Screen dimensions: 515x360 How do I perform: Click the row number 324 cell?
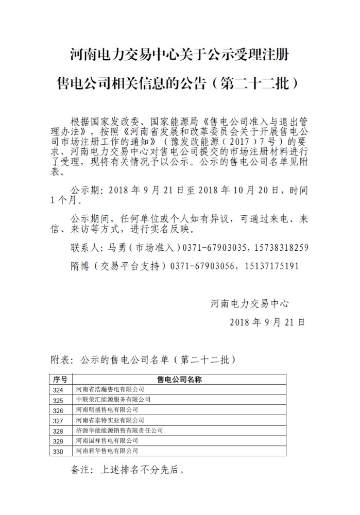point(58,390)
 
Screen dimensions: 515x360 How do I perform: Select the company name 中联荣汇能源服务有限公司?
point(113,400)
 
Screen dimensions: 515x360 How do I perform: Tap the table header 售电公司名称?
point(179,380)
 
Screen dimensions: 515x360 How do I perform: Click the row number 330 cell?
point(58,452)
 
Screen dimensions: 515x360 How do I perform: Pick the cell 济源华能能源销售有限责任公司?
point(119,431)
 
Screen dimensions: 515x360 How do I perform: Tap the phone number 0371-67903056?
point(203,266)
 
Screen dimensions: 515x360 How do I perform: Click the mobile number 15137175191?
point(273,266)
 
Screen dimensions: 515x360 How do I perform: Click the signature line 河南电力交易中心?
point(250,303)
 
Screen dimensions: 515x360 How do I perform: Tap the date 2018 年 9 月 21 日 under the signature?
point(266,322)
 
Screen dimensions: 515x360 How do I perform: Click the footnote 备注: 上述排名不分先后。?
point(127,470)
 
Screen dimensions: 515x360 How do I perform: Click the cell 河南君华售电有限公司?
point(107,452)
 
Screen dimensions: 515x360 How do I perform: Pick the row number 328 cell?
point(58,431)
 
